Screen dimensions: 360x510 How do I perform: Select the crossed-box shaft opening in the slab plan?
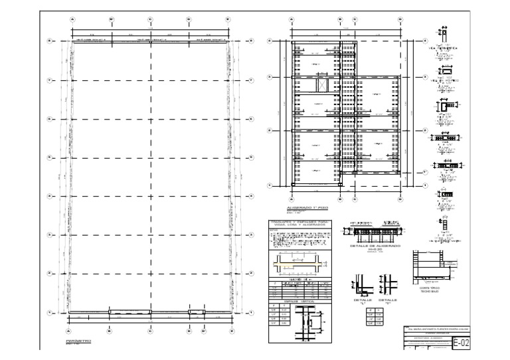322,86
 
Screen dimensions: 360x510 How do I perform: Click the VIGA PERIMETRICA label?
444,48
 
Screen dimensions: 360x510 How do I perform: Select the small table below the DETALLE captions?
375,315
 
